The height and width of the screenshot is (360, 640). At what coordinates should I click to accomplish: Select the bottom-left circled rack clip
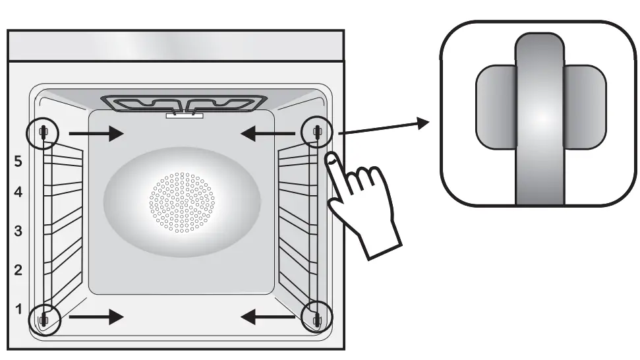pos(44,319)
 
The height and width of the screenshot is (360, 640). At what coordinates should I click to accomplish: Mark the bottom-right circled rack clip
pos(317,319)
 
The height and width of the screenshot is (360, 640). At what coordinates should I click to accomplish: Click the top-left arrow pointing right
pos(96,134)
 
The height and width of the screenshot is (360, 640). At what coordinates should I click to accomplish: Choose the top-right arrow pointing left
pos(266,134)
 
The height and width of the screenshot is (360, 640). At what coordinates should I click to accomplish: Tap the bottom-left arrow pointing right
pos(96,317)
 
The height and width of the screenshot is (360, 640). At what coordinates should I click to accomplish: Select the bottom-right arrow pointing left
pos(266,317)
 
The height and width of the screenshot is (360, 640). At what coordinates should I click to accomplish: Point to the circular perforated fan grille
pos(182,203)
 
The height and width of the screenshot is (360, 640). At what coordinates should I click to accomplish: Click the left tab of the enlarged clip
pos(494,107)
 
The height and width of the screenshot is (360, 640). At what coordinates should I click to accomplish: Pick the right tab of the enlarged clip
pos(586,107)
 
